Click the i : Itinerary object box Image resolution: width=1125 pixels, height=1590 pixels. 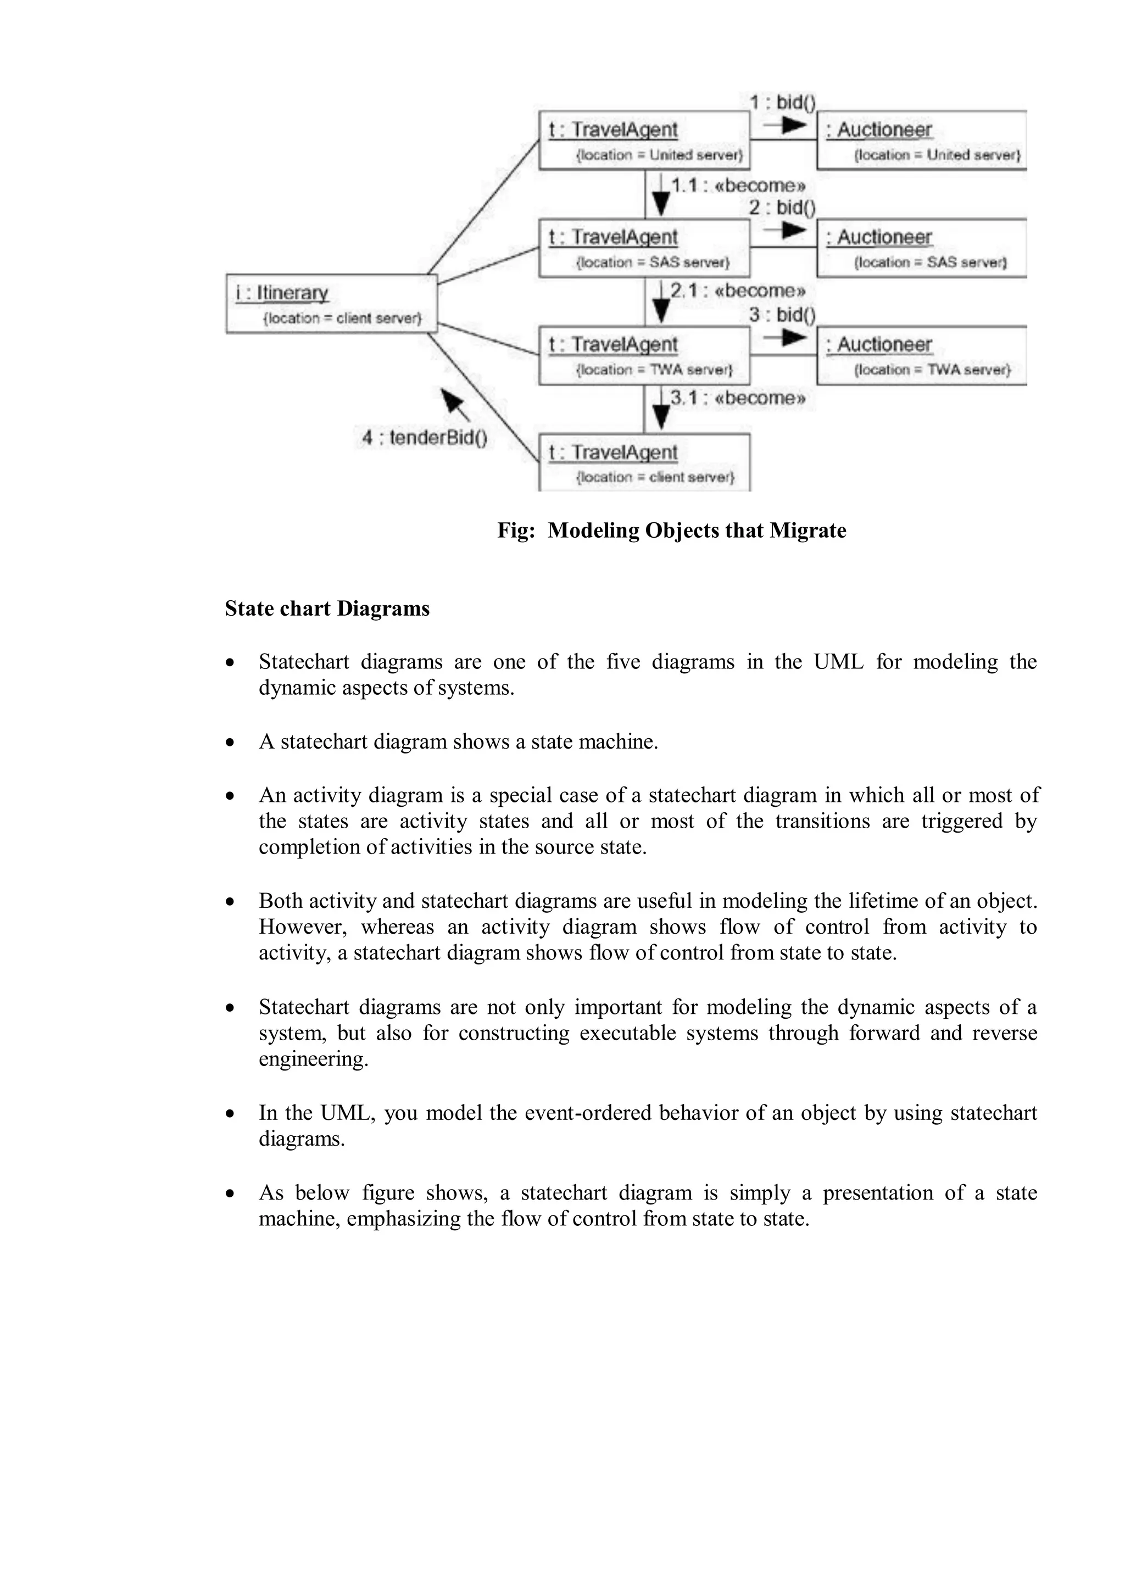pos(331,303)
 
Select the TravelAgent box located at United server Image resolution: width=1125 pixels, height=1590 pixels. pos(644,141)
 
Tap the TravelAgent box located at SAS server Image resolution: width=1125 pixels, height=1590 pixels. pos(644,248)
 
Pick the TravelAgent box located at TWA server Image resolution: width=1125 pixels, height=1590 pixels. pos(644,355)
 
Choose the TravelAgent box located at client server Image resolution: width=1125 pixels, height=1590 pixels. pos(644,462)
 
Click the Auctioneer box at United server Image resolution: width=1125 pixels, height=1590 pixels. pos(921,141)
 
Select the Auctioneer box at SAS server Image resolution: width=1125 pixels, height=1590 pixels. pos(921,248)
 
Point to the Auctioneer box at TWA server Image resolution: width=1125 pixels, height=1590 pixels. pos(921,355)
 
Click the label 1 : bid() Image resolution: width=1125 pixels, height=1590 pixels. pos(782,103)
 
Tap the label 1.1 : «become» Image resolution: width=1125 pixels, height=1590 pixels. pos(738,186)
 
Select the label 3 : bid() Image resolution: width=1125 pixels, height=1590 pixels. pos(782,315)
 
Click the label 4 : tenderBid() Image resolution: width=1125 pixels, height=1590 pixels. pos(425,438)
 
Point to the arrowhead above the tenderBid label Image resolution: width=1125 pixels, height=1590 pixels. pos(452,401)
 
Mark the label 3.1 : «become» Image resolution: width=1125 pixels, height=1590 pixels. pos(738,398)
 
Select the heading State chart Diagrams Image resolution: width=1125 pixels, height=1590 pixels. pos(327,609)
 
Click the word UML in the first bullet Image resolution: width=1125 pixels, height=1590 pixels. pos(838,662)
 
